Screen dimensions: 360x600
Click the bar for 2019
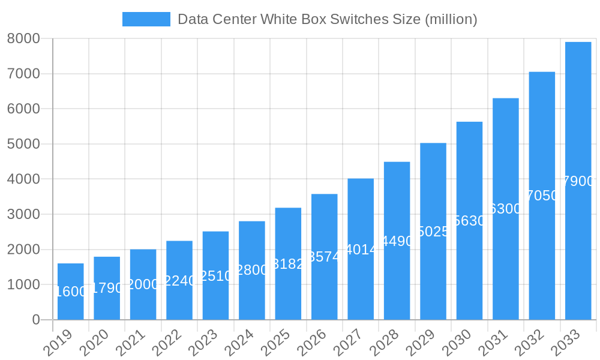tap(71, 292)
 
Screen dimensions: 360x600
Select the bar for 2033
tap(578, 181)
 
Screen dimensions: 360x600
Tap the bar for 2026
tap(324, 257)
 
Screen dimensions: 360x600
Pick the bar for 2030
tap(469, 221)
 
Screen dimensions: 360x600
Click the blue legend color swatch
tap(146, 19)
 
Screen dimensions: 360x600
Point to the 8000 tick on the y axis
tap(23, 38)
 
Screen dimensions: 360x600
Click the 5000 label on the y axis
tap(23, 144)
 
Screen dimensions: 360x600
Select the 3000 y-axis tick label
tap(23, 214)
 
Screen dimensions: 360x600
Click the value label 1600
tap(71, 292)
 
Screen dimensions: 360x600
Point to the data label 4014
tap(361, 250)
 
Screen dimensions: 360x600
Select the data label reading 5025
tap(433, 232)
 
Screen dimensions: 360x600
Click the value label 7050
tap(542, 196)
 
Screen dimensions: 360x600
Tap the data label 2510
tap(215, 276)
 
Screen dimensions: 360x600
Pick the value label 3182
tap(288, 264)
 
